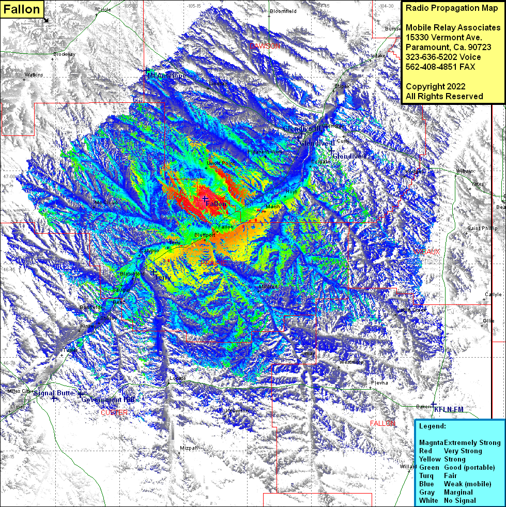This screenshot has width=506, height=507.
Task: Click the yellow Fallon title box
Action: tap(22, 9)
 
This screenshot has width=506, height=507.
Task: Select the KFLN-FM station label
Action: tap(449, 409)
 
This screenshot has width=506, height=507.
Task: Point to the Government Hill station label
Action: tap(108, 400)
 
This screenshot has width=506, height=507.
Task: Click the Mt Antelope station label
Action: tap(166, 76)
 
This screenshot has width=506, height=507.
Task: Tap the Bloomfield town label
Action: tap(283, 11)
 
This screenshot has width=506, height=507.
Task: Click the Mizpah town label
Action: tap(189, 448)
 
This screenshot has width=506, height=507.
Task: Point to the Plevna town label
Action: tap(379, 383)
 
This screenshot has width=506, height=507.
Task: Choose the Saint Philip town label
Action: tap(482, 228)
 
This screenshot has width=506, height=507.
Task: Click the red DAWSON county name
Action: tap(265, 46)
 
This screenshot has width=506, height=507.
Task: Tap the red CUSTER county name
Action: tap(114, 412)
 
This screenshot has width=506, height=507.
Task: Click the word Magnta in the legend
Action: tap(431, 442)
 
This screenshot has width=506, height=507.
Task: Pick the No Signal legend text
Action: tap(459, 500)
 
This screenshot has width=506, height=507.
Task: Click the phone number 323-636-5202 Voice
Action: tap(443, 57)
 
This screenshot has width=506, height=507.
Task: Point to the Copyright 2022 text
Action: tap(435, 86)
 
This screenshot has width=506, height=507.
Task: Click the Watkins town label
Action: tap(34, 75)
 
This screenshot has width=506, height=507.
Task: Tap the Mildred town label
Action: tap(268, 287)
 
